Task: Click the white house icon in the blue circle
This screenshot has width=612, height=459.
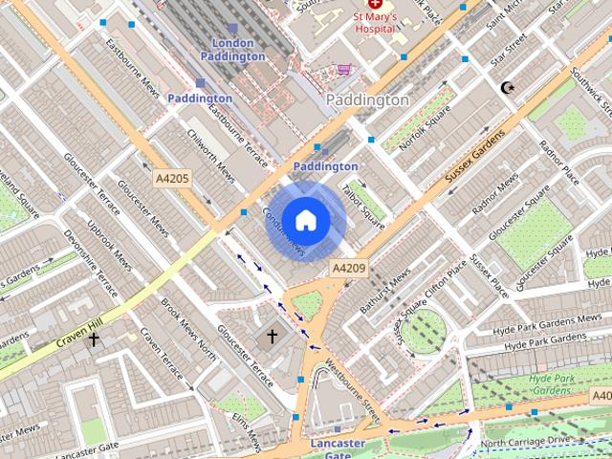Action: click(305, 220)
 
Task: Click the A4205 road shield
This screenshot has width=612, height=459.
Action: click(172, 177)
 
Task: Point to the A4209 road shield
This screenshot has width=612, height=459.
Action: click(349, 268)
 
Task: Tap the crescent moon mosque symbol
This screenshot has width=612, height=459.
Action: click(507, 88)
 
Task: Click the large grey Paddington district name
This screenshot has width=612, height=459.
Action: click(367, 99)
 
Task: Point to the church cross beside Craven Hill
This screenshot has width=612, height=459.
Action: click(94, 339)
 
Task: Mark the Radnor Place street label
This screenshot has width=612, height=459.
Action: click(558, 163)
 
